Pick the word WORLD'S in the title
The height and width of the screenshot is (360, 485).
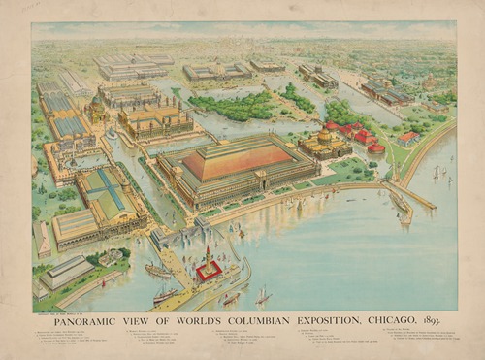pyautogui.click(x=191, y=319)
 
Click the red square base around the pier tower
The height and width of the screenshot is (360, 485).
pyautogui.click(x=209, y=271)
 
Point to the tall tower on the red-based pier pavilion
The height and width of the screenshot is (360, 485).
pyautogui.click(x=208, y=256)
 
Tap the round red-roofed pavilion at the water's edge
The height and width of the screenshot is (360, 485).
pyautogui.click(x=375, y=149)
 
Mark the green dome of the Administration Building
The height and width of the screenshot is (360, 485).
pyautogui.click(x=97, y=103)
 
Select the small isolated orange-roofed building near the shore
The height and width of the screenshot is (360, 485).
pyautogui.click(x=408, y=138)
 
